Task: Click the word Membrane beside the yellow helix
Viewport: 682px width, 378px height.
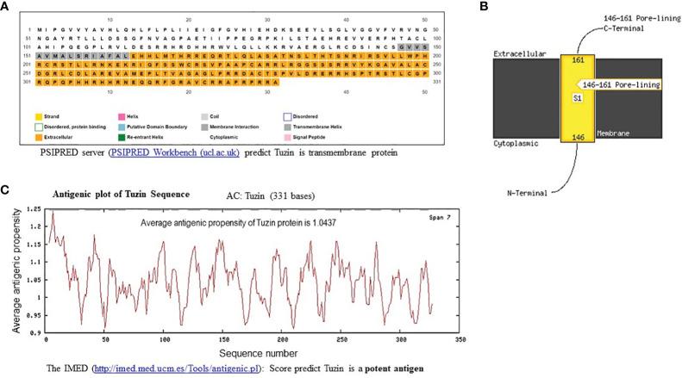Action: click(611, 134)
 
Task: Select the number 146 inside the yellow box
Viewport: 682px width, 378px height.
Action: click(579, 136)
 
